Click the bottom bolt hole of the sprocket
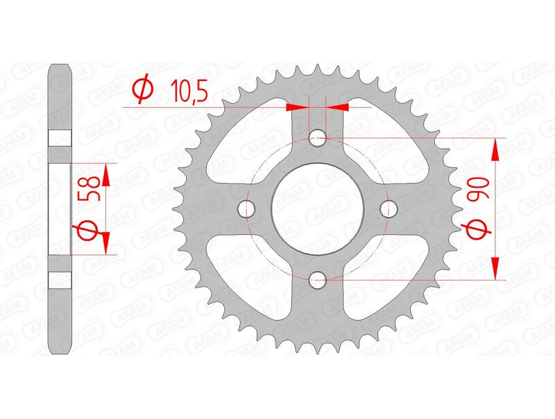pyautogui.click(x=318, y=280)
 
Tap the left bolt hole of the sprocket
pyautogui.click(x=246, y=208)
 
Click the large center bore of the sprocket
pyautogui.click(x=318, y=208)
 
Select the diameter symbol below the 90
pyautogui.click(x=478, y=229)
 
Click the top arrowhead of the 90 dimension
pyautogui.click(x=495, y=148)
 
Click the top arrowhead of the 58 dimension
pyautogui.click(x=106, y=175)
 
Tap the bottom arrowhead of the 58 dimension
pyautogui.click(x=106, y=243)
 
